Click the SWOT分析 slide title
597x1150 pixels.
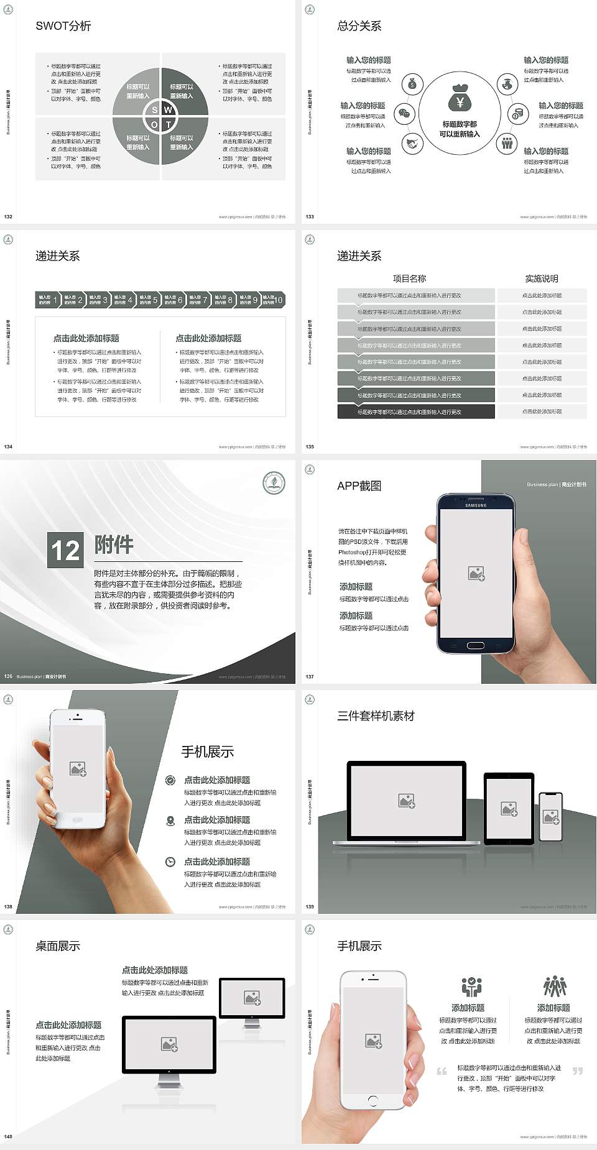(63, 26)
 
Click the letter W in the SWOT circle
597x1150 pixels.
(168, 110)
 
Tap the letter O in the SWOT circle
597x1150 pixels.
(154, 124)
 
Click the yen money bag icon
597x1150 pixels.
(460, 99)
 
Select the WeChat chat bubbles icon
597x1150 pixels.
(405, 114)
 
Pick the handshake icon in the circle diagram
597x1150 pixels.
(412, 144)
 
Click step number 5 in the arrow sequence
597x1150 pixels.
(155, 300)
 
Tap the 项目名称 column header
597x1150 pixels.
(409, 278)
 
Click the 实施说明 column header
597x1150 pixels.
(541, 278)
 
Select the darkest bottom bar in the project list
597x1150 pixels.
(415, 412)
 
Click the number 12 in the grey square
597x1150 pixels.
(65, 550)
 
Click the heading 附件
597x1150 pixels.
(114, 545)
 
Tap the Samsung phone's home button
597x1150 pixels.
(475, 645)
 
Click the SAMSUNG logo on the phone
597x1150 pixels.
(476, 505)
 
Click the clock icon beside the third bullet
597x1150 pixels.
(170, 862)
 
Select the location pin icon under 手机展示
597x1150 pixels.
(170, 821)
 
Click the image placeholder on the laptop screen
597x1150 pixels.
(407, 801)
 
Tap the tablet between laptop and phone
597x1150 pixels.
(509, 808)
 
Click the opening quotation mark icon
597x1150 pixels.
(442, 1071)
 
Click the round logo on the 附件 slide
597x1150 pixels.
(274, 483)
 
